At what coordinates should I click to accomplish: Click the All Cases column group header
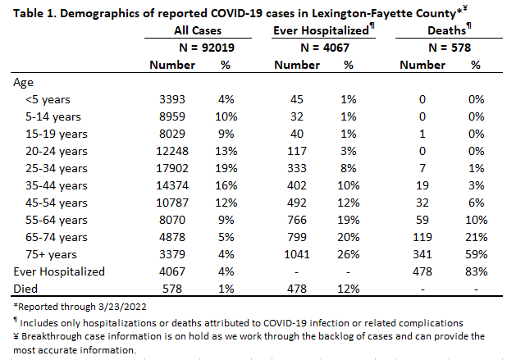point(198,30)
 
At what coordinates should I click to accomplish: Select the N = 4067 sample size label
point(325,48)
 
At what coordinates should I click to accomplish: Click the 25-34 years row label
point(57,168)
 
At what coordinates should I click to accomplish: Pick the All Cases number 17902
point(172,168)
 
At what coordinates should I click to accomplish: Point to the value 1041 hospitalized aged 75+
point(296,254)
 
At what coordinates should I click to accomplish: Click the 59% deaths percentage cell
point(476,254)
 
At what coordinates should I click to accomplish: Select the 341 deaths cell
point(422,254)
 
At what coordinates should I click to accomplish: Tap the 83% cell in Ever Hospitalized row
point(476,271)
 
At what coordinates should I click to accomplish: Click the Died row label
point(25,289)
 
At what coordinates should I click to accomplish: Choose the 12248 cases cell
point(172,151)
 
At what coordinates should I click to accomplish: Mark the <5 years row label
point(48,99)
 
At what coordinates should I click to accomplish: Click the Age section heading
point(23,83)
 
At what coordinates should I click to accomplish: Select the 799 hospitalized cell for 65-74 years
point(296,237)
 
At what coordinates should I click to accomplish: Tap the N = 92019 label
point(207,48)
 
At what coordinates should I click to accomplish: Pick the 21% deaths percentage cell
point(476,237)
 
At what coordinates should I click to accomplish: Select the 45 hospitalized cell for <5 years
point(296,99)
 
